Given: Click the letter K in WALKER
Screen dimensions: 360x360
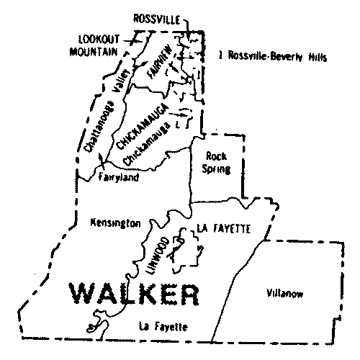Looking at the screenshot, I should pos(155,294).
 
